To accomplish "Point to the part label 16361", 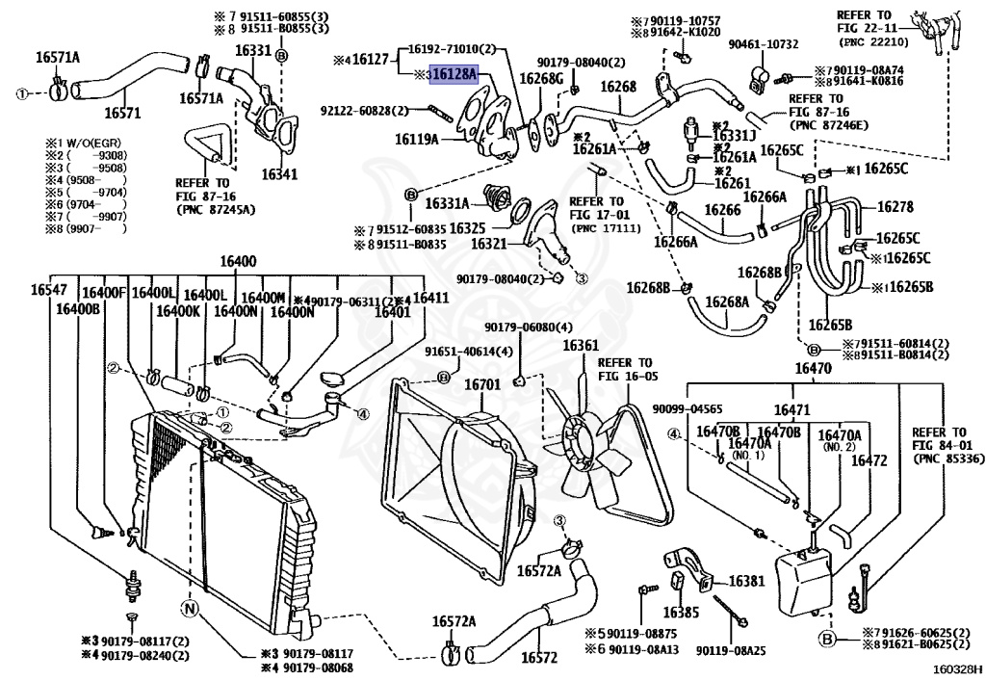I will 581,345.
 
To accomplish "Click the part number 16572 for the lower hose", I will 540,659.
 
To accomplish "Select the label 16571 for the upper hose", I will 122,113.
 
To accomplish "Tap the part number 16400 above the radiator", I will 237,262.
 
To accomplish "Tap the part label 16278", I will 894,206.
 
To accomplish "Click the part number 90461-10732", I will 764,44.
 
